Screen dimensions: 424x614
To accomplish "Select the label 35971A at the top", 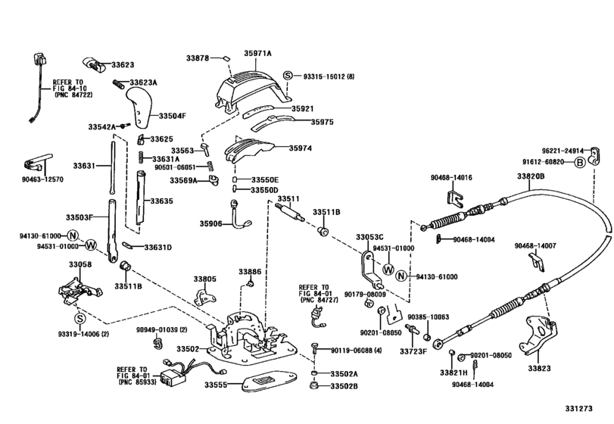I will point(258,55).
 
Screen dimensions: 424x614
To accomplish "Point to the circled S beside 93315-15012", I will point(288,76).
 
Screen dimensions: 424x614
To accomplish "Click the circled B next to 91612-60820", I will point(579,161).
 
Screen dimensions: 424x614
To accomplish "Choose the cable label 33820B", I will point(531,176).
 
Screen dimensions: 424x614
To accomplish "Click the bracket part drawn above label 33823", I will point(537,334).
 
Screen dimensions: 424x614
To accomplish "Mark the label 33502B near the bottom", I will point(344,387).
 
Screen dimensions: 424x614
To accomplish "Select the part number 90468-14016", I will point(452,178).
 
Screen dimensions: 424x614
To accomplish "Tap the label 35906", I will point(212,223).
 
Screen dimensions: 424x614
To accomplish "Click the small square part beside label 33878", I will point(226,57).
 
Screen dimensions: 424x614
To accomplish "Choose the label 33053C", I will point(370,237).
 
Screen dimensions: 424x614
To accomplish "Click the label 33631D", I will point(157,247).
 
